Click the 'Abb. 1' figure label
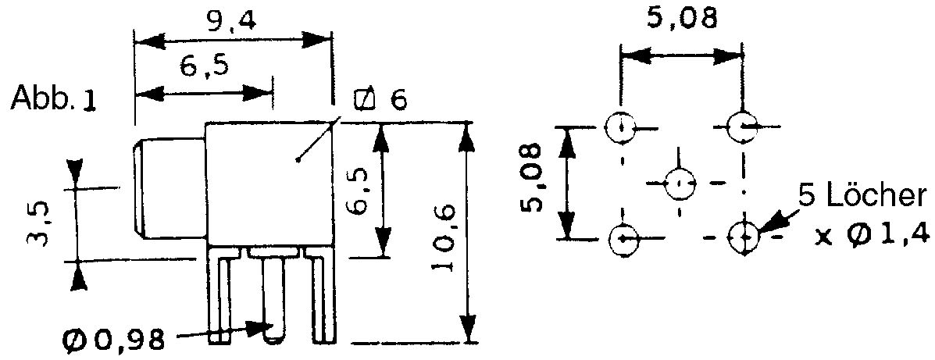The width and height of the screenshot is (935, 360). click(x=53, y=98)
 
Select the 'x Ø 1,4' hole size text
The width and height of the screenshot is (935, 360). click(x=873, y=237)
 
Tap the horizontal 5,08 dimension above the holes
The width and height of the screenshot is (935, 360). click(x=682, y=20)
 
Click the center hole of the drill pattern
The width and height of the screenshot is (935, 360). click(x=680, y=183)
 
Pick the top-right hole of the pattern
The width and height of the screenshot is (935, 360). click(x=744, y=127)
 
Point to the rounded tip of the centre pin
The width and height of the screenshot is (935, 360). click(x=273, y=338)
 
